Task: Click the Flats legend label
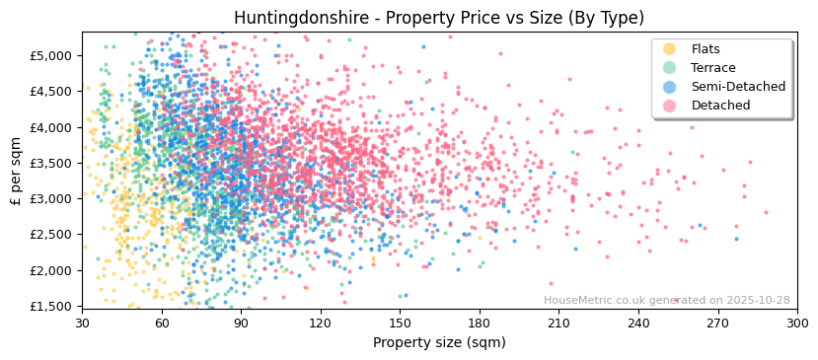click(706, 49)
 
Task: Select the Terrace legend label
click(712, 68)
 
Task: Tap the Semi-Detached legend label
click(738, 87)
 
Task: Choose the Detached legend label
click(719, 106)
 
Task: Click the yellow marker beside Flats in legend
click(670, 49)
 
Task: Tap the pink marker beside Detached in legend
click(670, 106)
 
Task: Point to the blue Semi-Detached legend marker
click(670, 87)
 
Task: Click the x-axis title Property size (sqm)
click(439, 343)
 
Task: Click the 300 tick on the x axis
click(797, 323)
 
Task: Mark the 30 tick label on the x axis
click(82, 323)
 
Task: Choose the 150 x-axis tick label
click(400, 323)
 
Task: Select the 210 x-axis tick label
click(558, 323)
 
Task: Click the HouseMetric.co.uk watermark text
click(600, 301)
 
